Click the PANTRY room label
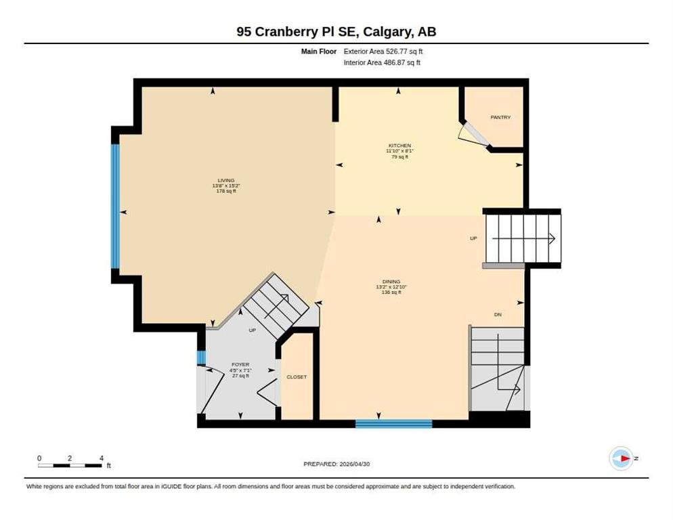pos(500,117)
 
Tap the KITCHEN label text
pos(399,146)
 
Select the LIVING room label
pos(225,180)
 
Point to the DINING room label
pos(391,282)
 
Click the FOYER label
pos(240,364)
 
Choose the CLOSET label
pos(297,377)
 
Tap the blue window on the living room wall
pos(115,206)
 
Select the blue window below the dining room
pos(393,424)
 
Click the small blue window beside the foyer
pos(201,357)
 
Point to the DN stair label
pos(498,315)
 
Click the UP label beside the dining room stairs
pos(473,238)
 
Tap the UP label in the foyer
pos(253,330)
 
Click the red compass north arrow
pos(626,458)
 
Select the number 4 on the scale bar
pos(102,458)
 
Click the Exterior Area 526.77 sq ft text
pos(383,51)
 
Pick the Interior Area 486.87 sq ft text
pos(382,62)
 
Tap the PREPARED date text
pos(336,464)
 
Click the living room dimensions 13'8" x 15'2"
pos(225,186)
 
